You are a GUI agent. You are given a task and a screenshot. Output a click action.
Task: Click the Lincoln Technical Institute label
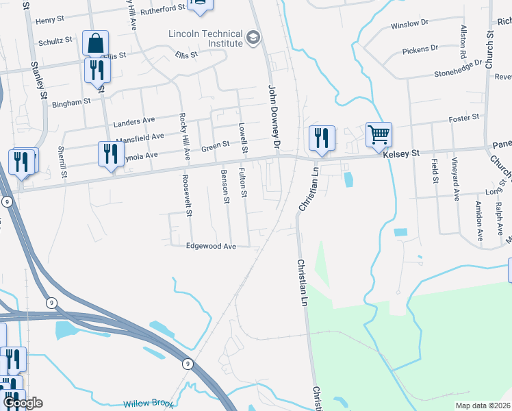[207, 38]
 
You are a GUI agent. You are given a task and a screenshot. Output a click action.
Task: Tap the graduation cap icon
[254, 36]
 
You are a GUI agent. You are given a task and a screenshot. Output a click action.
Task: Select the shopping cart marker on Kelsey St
[379, 134]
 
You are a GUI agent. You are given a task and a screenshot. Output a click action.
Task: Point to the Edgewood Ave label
[212, 246]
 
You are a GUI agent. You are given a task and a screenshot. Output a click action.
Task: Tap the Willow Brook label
[149, 403]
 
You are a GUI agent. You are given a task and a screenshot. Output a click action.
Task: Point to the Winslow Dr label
[409, 24]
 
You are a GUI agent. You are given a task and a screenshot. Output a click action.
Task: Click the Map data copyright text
[483, 406]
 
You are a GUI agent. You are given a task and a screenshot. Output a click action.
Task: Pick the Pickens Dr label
[420, 49]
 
